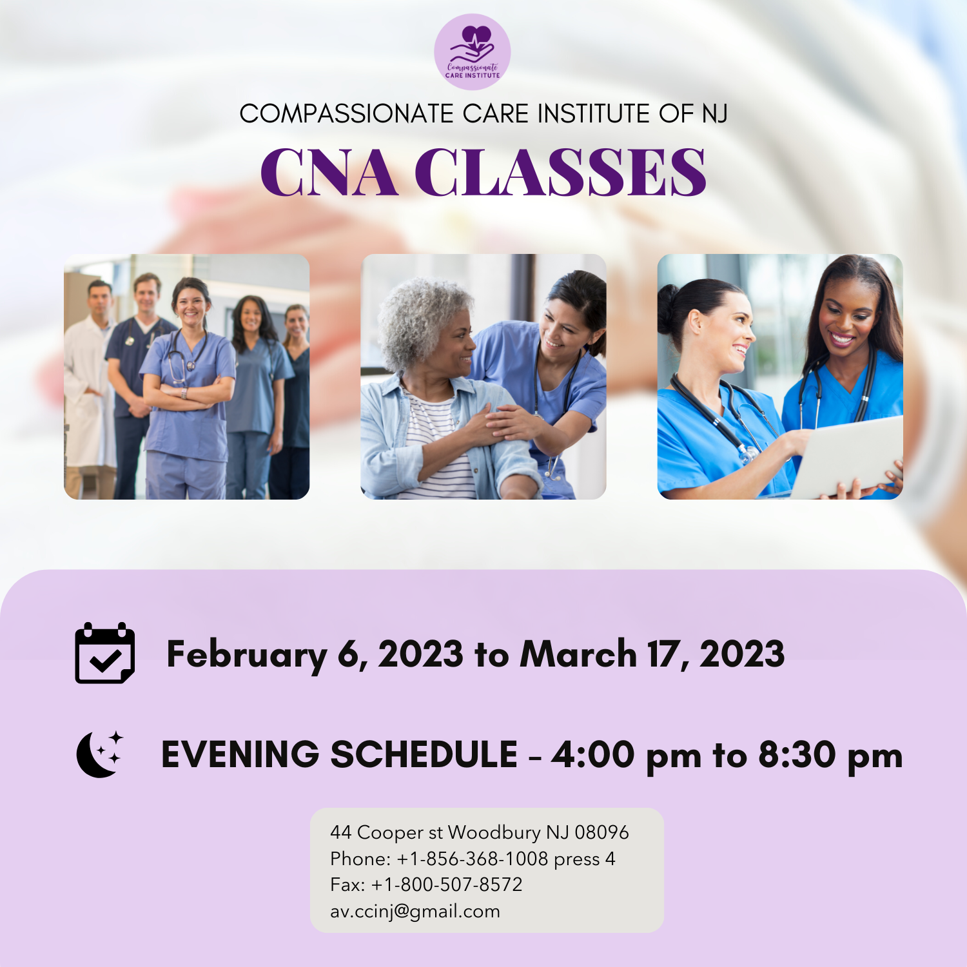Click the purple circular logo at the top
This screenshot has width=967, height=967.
click(x=472, y=52)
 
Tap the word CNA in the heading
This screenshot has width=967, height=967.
click(x=329, y=173)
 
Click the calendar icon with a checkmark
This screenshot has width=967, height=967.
click(x=105, y=653)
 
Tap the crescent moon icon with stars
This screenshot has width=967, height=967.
click(x=99, y=754)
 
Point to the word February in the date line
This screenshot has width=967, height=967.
click(x=246, y=655)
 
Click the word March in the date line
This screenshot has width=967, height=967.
click(x=578, y=654)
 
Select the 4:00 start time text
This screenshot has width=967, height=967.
click(x=593, y=755)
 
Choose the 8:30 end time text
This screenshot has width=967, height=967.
click(x=797, y=755)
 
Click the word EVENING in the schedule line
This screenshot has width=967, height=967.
click(x=240, y=755)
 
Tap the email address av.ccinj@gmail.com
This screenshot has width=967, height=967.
click(x=415, y=912)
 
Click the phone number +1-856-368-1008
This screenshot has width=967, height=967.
click(x=472, y=859)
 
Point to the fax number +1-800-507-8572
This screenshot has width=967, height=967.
click(x=447, y=884)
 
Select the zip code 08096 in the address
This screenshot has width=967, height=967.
click(x=601, y=832)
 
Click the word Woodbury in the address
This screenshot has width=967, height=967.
click(x=494, y=832)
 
